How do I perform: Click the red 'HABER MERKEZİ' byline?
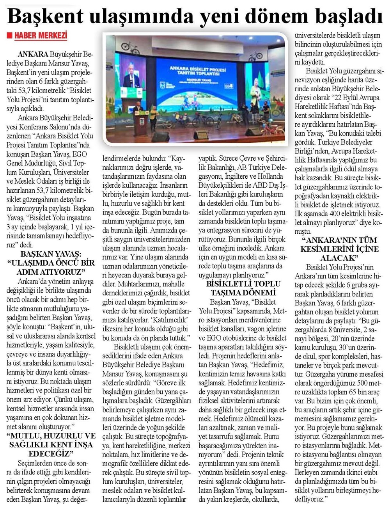[41, 36]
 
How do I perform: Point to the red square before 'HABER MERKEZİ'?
[10, 36]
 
